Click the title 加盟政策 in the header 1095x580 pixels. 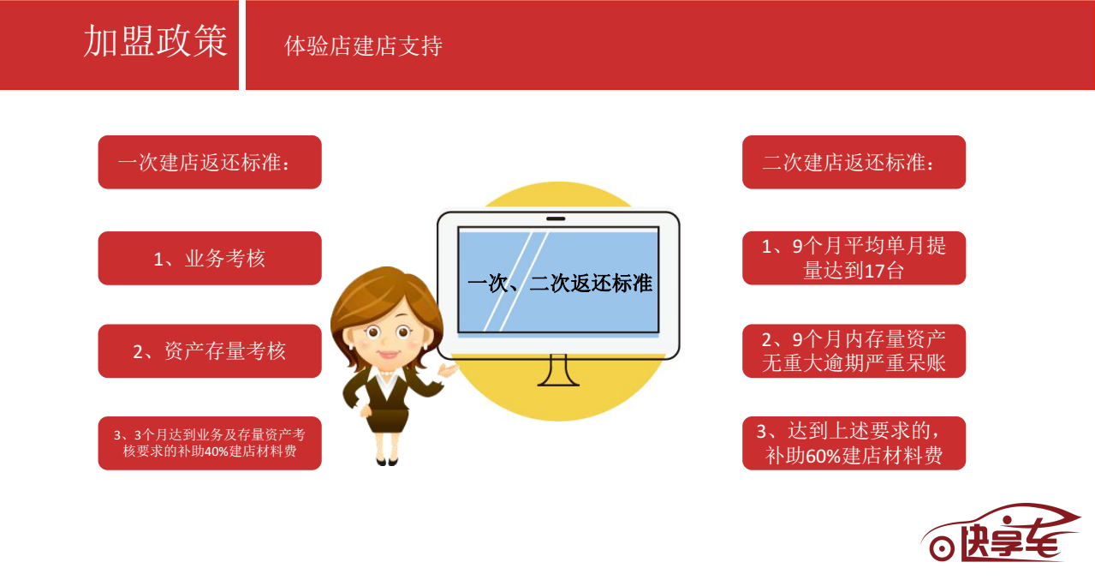coord(156,41)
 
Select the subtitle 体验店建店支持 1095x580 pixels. coord(363,46)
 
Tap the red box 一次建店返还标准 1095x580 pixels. coord(210,162)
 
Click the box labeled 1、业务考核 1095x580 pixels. coord(210,258)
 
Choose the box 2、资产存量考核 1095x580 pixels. coord(210,350)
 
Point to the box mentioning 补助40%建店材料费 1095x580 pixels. coord(210,443)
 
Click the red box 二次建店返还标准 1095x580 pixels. coord(854,162)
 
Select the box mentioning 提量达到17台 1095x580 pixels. coord(854,258)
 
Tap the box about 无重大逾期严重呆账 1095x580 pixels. coord(854,350)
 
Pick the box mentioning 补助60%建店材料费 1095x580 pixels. coord(854,443)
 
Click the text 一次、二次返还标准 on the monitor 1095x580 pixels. coord(560,284)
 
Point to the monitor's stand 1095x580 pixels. coord(558,371)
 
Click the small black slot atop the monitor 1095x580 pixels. coord(556,218)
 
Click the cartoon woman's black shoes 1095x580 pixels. coord(387,461)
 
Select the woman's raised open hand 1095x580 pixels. coord(448,370)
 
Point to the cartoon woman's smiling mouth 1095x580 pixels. coord(389,353)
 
